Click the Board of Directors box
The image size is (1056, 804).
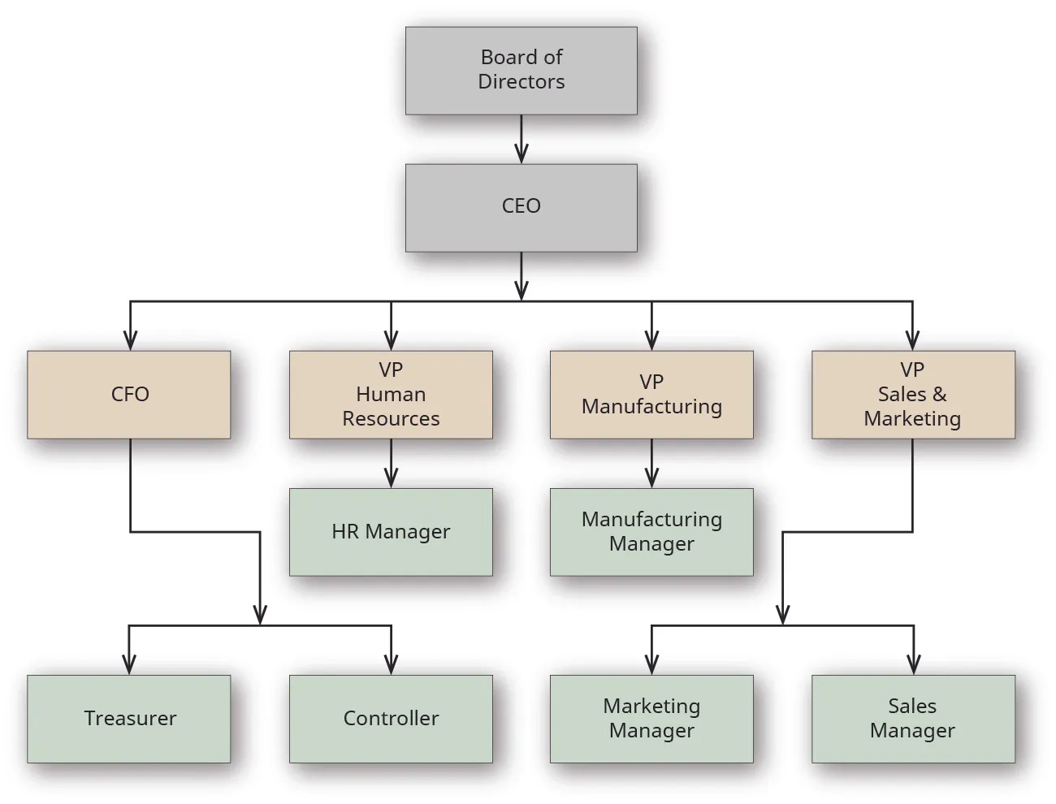pyautogui.click(x=521, y=71)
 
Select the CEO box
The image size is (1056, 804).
pyautogui.click(x=521, y=207)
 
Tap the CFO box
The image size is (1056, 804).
pyautogui.click(x=129, y=395)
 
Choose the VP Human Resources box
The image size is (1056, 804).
pyautogui.click(x=391, y=395)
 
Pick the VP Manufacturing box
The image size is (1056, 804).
pyautogui.click(x=651, y=395)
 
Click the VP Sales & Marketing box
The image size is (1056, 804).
pyautogui.click(x=913, y=395)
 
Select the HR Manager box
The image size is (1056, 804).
pyautogui.click(x=391, y=532)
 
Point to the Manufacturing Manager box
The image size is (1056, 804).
pyautogui.click(x=651, y=532)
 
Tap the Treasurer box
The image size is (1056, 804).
pyautogui.click(x=129, y=719)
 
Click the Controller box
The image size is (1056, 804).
pyautogui.click(x=391, y=719)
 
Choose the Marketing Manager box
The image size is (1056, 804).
pyautogui.click(x=651, y=719)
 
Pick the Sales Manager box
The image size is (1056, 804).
pyautogui.click(x=913, y=719)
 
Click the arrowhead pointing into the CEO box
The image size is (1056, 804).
pyautogui.click(x=521, y=154)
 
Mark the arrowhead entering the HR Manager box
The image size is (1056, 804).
pyautogui.click(x=391, y=478)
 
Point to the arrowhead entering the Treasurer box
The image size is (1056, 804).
pyautogui.click(x=129, y=665)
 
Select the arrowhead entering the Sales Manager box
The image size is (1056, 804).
pyautogui.click(x=913, y=665)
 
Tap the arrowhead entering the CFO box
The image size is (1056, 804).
pyautogui.click(x=130, y=341)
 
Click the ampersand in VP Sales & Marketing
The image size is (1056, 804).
pyautogui.click(x=939, y=395)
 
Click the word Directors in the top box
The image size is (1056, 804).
pyautogui.click(x=521, y=82)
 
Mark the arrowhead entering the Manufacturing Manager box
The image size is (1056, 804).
pyautogui.click(x=651, y=478)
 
